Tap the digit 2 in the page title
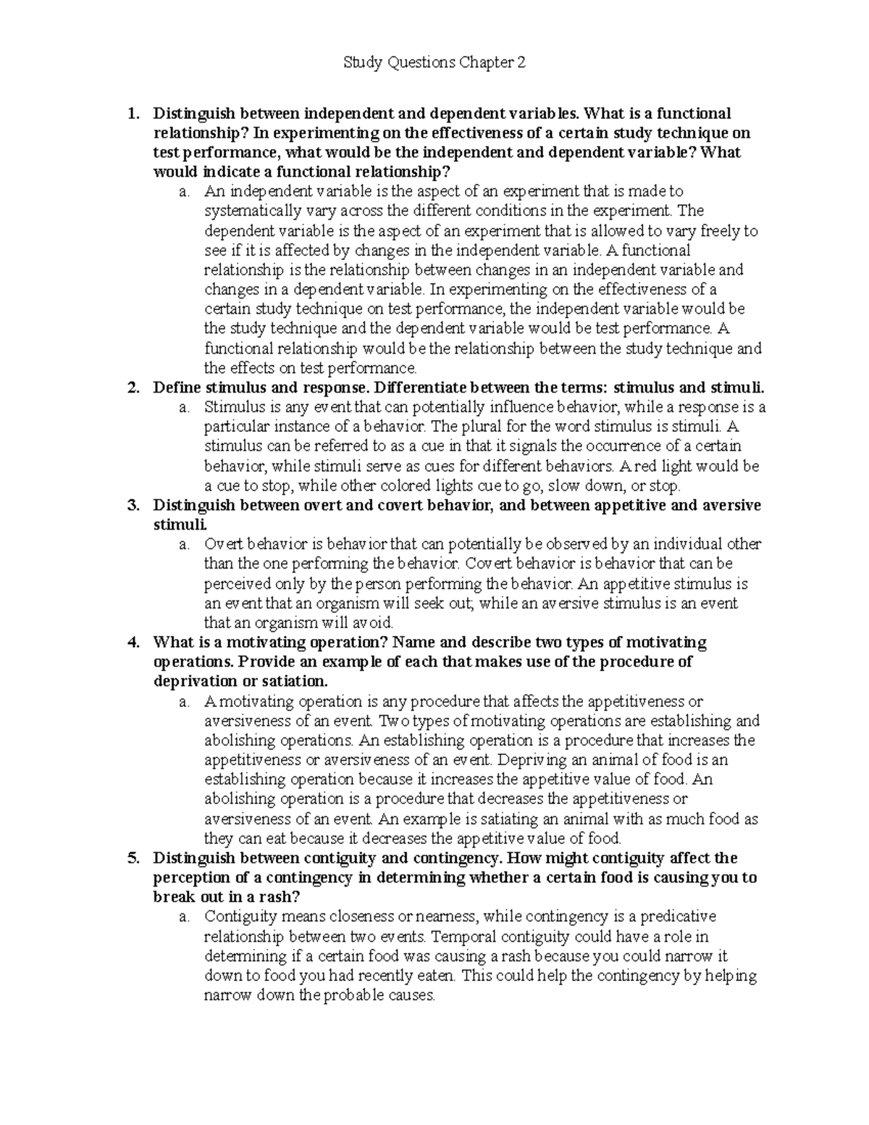[521, 63]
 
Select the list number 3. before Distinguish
[133, 506]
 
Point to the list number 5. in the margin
[133, 858]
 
